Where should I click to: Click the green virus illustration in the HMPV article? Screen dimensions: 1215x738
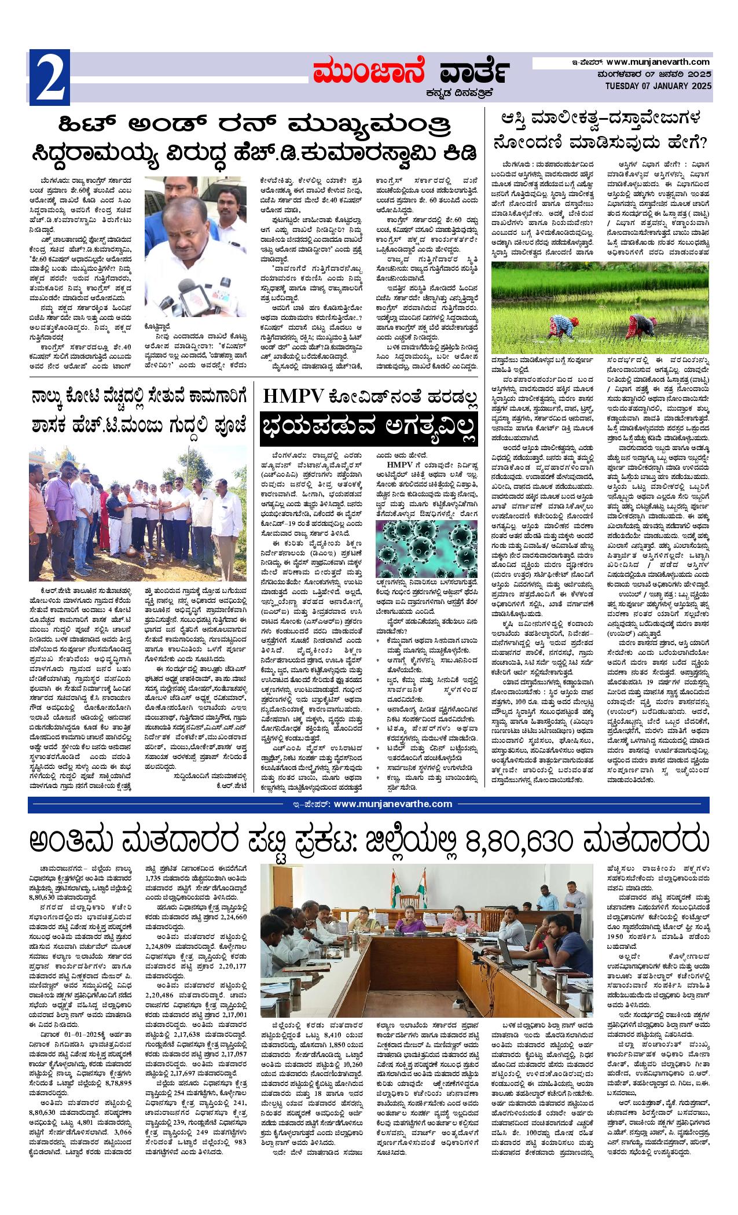426,549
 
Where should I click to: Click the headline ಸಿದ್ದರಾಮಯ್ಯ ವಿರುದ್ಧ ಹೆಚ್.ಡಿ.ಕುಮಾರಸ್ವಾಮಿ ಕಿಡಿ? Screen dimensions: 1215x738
256,153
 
